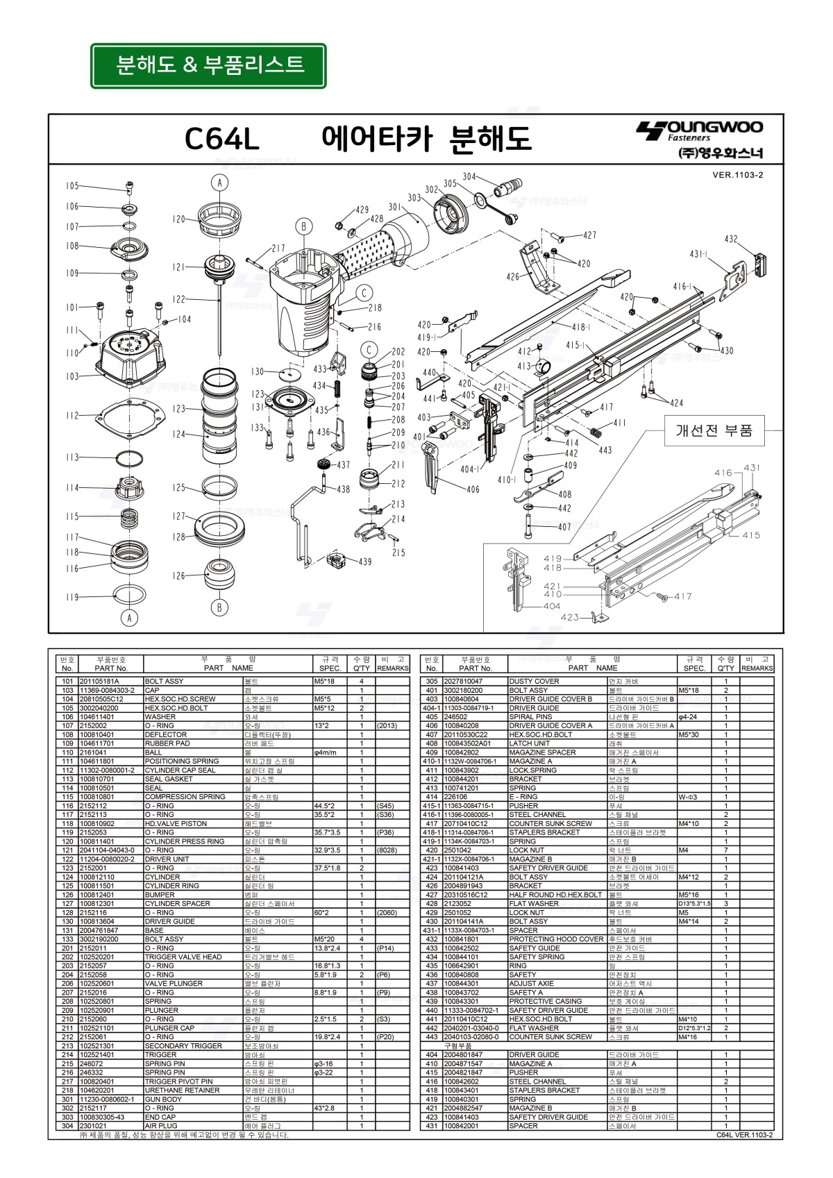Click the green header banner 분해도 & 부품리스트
click(x=208, y=66)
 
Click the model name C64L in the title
click(x=222, y=140)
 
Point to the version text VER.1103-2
click(x=737, y=175)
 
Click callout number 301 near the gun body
click(x=395, y=207)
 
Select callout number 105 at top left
click(x=73, y=186)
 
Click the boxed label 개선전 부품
click(x=714, y=430)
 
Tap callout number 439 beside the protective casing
click(x=365, y=562)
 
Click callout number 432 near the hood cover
click(x=731, y=239)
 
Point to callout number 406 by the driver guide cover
click(x=473, y=489)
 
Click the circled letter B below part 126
click(x=219, y=608)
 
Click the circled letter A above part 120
click(x=219, y=183)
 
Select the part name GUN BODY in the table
click(x=163, y=1099)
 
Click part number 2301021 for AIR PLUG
click(x=93, y=1126)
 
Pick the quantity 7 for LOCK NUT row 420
click(x=726, y=850)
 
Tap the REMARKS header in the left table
click(x=392, y=668)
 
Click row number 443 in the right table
click(x=432, y=1037)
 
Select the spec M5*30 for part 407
click(x=690, y=734)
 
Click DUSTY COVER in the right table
click(x=534, y=681)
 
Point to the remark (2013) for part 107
click(x=387, y=725)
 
